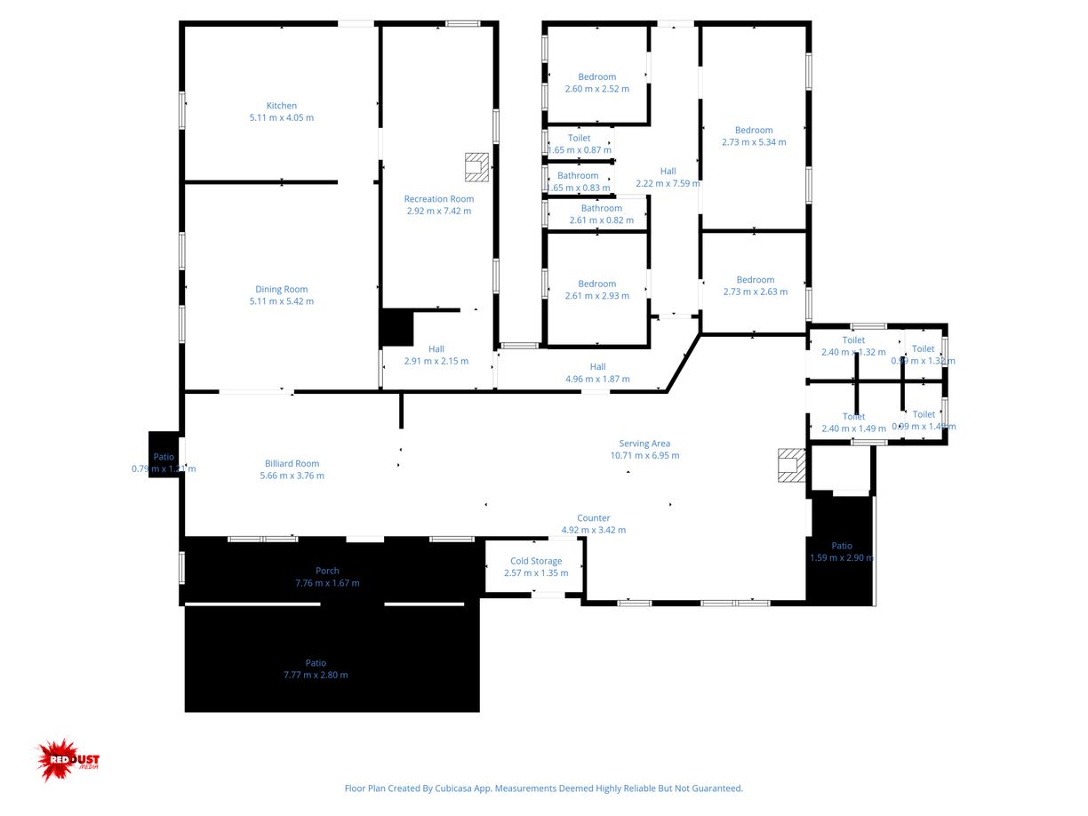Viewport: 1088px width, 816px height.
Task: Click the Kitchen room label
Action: (x=282, y=106)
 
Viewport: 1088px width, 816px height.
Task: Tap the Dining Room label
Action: (x=282, y=289)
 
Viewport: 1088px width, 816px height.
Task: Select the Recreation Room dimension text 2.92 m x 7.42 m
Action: (x=439, y=211)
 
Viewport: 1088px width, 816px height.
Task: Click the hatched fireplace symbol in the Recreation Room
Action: (x=477, y=165)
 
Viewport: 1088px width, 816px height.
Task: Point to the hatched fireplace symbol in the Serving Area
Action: (x=790, y=465)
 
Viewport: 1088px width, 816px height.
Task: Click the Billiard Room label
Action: (x=292, y=463)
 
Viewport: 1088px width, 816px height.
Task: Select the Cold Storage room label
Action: (x=536, y=561)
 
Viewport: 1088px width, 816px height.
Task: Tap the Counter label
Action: (x=593, y=518)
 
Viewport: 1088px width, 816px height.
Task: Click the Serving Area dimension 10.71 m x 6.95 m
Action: (x=644, y=455)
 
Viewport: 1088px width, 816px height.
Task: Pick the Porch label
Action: (x=327, y=571)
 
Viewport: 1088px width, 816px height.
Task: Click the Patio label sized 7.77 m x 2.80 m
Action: (x=316, y=663)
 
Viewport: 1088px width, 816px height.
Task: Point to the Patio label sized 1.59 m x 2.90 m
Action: (x=842, y=546)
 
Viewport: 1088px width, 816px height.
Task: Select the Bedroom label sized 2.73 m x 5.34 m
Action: (x=754, y=130)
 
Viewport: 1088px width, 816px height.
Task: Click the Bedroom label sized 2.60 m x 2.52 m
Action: (x=596, y=76)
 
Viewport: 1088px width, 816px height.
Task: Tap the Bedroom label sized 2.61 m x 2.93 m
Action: (x=596, y=284)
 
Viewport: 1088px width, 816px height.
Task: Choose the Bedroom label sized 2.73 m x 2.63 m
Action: (x=755, y=279)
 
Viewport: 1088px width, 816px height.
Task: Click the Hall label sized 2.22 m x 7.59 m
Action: (x=668, y=172)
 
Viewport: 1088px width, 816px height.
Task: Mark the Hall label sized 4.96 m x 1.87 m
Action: (x=597, y=366)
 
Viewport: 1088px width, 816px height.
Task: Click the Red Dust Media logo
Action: (x=68, y=760)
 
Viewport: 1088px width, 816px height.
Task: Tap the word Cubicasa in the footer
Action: (x=456, y=788)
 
